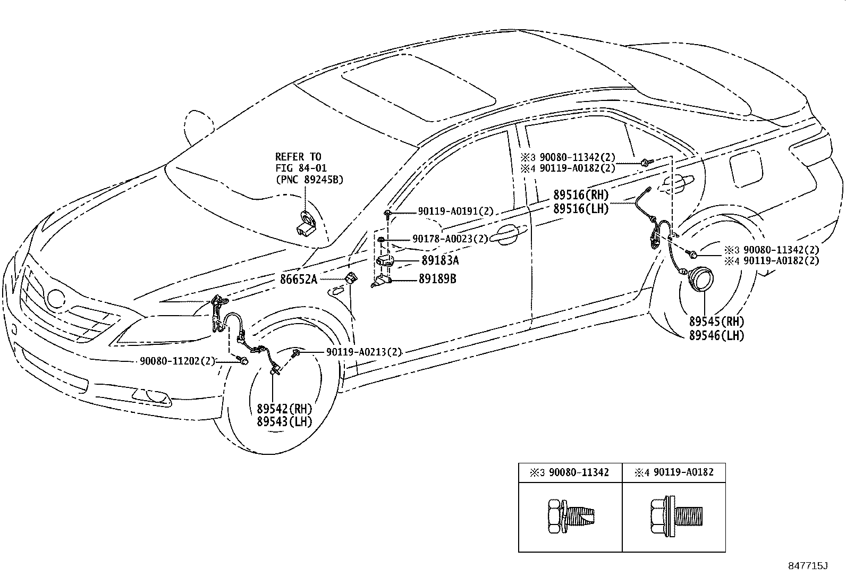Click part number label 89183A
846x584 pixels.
tap(440, 261)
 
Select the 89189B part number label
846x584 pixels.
tap(437, 279)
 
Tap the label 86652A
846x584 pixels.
tap(299, 279)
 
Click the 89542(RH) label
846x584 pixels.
tap(284, 409)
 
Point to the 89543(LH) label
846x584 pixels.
tap(284, 422)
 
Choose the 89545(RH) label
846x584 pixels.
tap(717, 322)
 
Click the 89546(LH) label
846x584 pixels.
tap(717, 336)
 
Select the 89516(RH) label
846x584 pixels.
tap(580, 196)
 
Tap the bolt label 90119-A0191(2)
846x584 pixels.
tap(455, 211)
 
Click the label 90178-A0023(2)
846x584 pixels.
tap(450, 239)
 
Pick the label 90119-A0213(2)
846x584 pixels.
tap(364, 352)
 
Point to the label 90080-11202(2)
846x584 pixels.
tap(177, 361)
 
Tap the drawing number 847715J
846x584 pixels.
tap(808, 566)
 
